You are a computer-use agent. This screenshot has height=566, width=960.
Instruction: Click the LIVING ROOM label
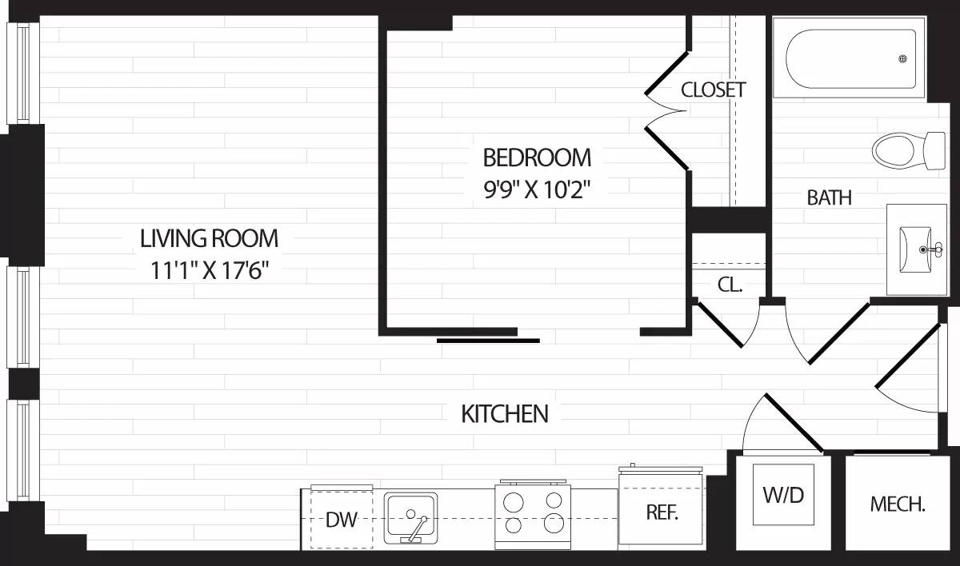209,238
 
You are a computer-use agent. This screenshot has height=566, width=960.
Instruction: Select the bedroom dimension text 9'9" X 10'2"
537,189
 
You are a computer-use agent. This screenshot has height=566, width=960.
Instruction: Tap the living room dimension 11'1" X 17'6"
209,271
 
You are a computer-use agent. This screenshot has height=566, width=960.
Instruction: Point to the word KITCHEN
505,414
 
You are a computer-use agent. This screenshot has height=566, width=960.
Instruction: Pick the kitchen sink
410,517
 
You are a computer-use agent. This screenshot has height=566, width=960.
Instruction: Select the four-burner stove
534,512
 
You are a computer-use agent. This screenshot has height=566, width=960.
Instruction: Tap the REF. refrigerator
662,512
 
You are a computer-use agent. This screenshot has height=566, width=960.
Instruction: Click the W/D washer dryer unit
783,495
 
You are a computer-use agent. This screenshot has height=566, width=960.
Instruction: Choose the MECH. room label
898,504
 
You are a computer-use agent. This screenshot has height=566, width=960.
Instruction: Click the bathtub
850,60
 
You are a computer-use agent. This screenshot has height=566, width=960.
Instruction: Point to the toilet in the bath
907,149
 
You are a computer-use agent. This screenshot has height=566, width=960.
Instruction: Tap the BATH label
829,197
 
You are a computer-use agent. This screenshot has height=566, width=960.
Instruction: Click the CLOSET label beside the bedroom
713,90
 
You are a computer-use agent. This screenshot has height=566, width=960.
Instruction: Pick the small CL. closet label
730,284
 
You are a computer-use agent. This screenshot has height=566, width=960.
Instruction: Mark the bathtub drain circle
903,59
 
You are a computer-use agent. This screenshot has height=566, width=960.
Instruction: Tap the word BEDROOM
537,156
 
